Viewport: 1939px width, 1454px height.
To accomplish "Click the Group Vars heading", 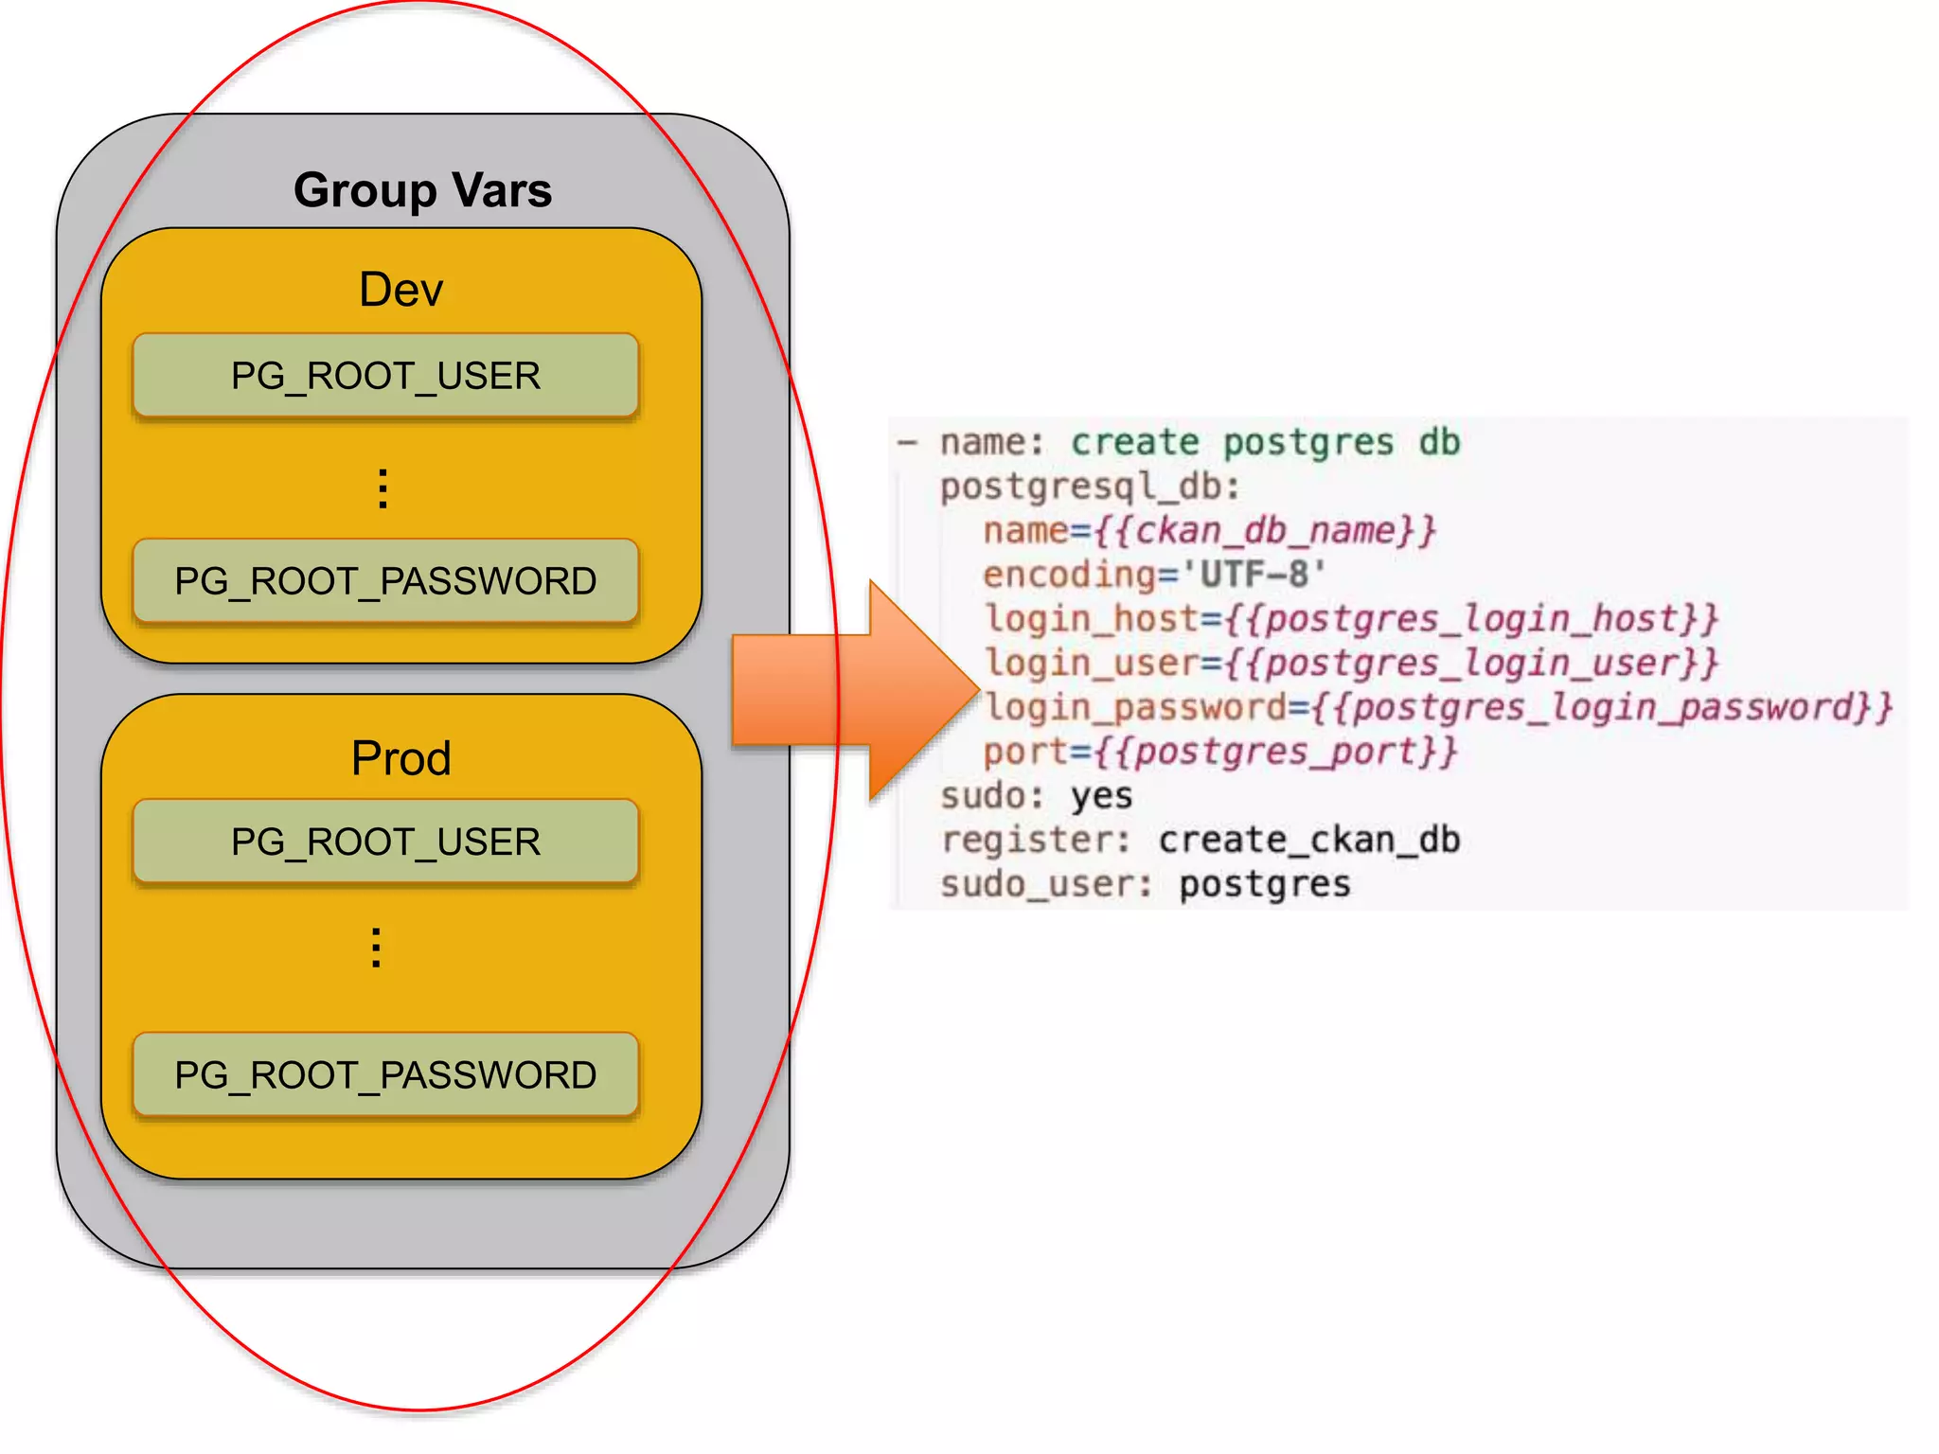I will point(422,190).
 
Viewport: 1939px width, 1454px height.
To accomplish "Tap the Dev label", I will point(400,290).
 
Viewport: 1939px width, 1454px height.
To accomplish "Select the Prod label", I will point(400,758).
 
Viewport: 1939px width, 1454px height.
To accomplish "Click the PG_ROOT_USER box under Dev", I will point(385,376).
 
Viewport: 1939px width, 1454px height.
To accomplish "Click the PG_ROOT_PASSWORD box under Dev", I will point(385,581).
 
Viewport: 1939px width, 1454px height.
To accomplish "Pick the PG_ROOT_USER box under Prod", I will point(385,842).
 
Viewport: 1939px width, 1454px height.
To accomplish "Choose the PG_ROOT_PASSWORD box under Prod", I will point(385,1075).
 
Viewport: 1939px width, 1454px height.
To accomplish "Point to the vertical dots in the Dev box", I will point(382,488).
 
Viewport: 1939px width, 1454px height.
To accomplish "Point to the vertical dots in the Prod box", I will point(377,948).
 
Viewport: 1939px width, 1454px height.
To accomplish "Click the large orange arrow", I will point(852,691).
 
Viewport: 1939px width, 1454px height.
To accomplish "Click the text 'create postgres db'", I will point(1265,442).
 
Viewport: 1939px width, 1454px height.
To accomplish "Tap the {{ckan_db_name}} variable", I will point(1265,530).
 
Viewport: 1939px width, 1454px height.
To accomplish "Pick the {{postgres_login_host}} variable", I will point(1471,619).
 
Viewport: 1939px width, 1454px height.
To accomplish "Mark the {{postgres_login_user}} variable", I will point(1471,663).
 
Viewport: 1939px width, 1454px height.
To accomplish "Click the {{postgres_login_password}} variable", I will point(1602,707).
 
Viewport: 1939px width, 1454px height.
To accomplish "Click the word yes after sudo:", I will point(1101,796).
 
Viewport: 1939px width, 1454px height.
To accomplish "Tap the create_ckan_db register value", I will point(1308,840).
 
